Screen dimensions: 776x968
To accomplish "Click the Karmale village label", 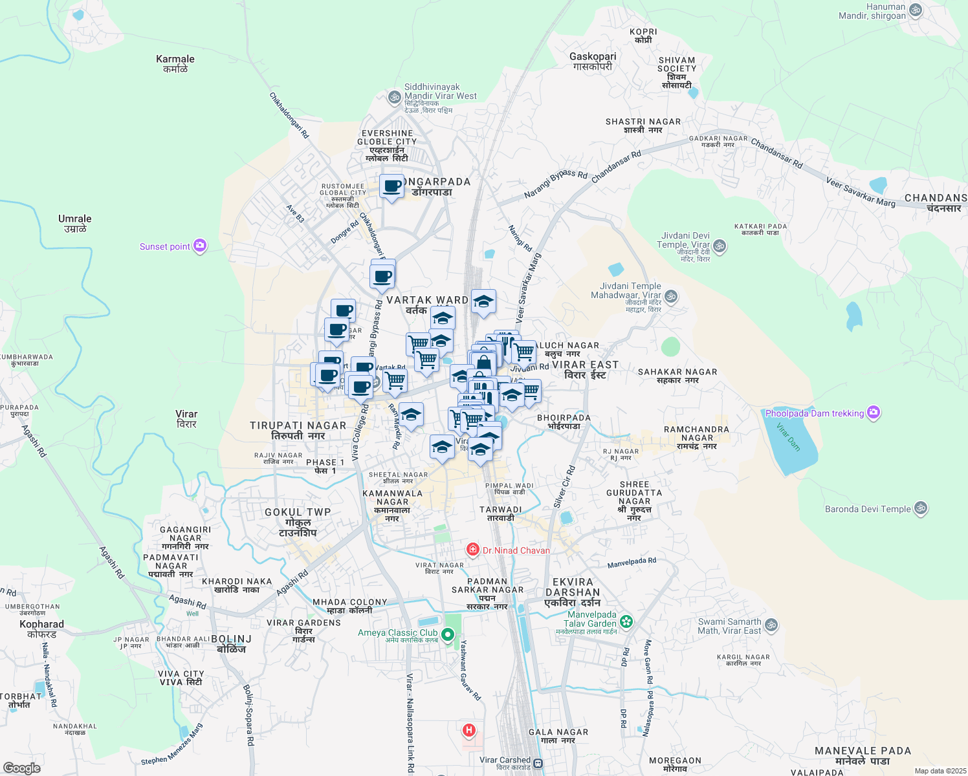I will pos(175,63).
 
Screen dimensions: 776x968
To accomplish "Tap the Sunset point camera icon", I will pos(201,246).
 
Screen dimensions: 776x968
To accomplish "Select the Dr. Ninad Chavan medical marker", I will pos(473,550).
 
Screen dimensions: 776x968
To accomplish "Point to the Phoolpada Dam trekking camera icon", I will pos(874,413).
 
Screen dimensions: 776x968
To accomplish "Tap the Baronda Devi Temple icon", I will pos(921,509).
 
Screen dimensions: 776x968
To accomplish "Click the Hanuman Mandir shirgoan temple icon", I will pos(915,10).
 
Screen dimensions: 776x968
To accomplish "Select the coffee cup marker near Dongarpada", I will pos(392,186).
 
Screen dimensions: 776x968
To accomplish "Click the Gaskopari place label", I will pos(593,61).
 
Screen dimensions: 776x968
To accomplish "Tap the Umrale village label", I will pos(75,223).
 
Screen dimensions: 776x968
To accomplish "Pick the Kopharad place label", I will pos(42,629).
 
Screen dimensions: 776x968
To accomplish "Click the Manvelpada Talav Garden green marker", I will pos(626,622).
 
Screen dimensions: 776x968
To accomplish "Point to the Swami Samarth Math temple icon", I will pos(771,625).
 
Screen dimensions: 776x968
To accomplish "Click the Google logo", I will pos(21,768).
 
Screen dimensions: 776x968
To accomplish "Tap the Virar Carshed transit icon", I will pos(538,763).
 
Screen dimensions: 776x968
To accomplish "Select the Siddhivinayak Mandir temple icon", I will pos(394,98).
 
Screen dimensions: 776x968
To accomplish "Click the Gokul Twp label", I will pos(298,522).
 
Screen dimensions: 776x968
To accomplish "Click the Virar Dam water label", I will pos(788,436).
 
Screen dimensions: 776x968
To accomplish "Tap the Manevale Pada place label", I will pos(863,755).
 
